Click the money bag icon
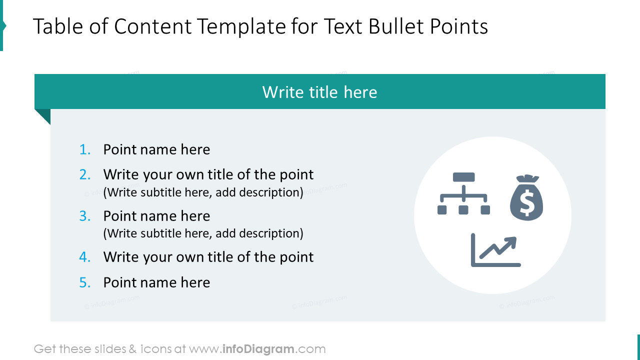526,198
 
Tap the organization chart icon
463,193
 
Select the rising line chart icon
495,250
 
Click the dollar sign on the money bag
526,202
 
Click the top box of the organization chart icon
463,177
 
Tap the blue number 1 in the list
85,149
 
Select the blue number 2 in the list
85,174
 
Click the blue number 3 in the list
85,216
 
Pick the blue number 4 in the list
85,257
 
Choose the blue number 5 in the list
85,282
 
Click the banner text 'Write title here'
319,92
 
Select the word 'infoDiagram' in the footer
258,349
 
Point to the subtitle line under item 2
203,192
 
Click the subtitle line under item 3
203,233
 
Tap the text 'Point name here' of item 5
156,282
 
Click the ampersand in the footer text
132,349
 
